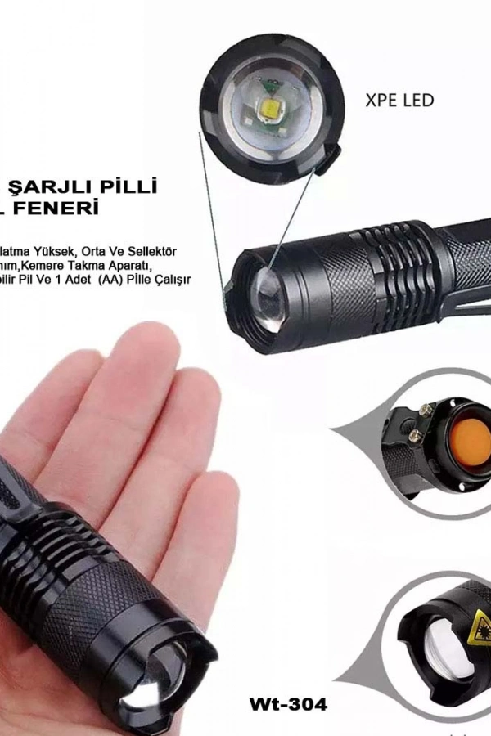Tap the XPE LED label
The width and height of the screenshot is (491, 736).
(x=399, y=101)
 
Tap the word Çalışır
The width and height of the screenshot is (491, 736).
(x=171, y=280)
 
